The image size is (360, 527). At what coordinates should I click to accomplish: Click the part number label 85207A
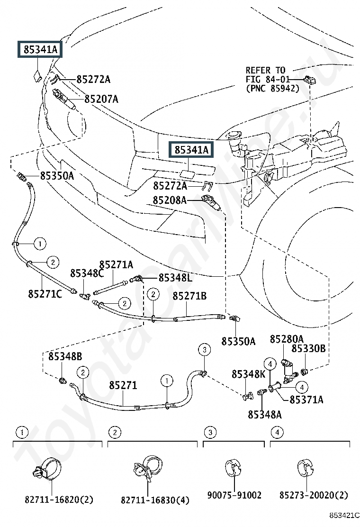tap(101, 99)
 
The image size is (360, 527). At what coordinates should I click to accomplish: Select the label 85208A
tap(170, 200)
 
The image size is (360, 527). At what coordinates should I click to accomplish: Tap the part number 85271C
tap(45, 294)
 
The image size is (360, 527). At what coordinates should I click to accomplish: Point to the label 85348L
tap(175, 278)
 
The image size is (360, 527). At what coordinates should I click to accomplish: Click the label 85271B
tap(190, 296)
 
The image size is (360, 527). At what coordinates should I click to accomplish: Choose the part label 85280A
tap(287, 339)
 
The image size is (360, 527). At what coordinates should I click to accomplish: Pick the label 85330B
tap(308, 348)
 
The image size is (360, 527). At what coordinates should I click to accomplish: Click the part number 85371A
tap(306, 400)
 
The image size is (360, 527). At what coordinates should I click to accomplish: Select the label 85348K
tap(249, 374)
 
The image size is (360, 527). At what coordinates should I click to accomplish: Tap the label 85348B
tap(65, 356)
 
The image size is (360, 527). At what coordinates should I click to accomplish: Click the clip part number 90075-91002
tap(234, 495)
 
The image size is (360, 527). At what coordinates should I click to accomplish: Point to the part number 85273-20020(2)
tap(314, 495)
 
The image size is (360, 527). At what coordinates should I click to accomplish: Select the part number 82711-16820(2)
tap(59, 500)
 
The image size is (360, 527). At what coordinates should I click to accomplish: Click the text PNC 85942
tap(272, 89)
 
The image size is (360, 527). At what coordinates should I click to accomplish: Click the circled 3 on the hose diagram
tap(204, 350)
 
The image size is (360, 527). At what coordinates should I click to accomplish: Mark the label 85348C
tap(87, 273)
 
